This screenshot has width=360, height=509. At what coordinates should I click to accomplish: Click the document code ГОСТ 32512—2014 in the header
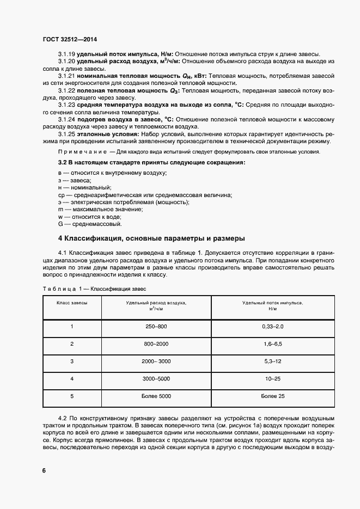point(69,39)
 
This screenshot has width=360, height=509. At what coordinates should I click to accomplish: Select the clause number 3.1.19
point(66,54)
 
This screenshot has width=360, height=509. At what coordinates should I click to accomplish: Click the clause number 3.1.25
point(66,134)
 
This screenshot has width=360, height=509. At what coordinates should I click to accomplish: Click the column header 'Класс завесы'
point(71,302)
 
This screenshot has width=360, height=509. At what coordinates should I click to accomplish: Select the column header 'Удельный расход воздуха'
point(156,305)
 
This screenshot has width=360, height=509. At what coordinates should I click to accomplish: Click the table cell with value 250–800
point(156,326)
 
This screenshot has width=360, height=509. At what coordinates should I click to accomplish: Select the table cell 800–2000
point(156,344)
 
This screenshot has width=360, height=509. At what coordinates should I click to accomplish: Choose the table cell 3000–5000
point(156,378)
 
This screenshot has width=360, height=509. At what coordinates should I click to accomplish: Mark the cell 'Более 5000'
point(156,396)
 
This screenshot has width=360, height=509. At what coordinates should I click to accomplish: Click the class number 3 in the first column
point(71,361)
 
